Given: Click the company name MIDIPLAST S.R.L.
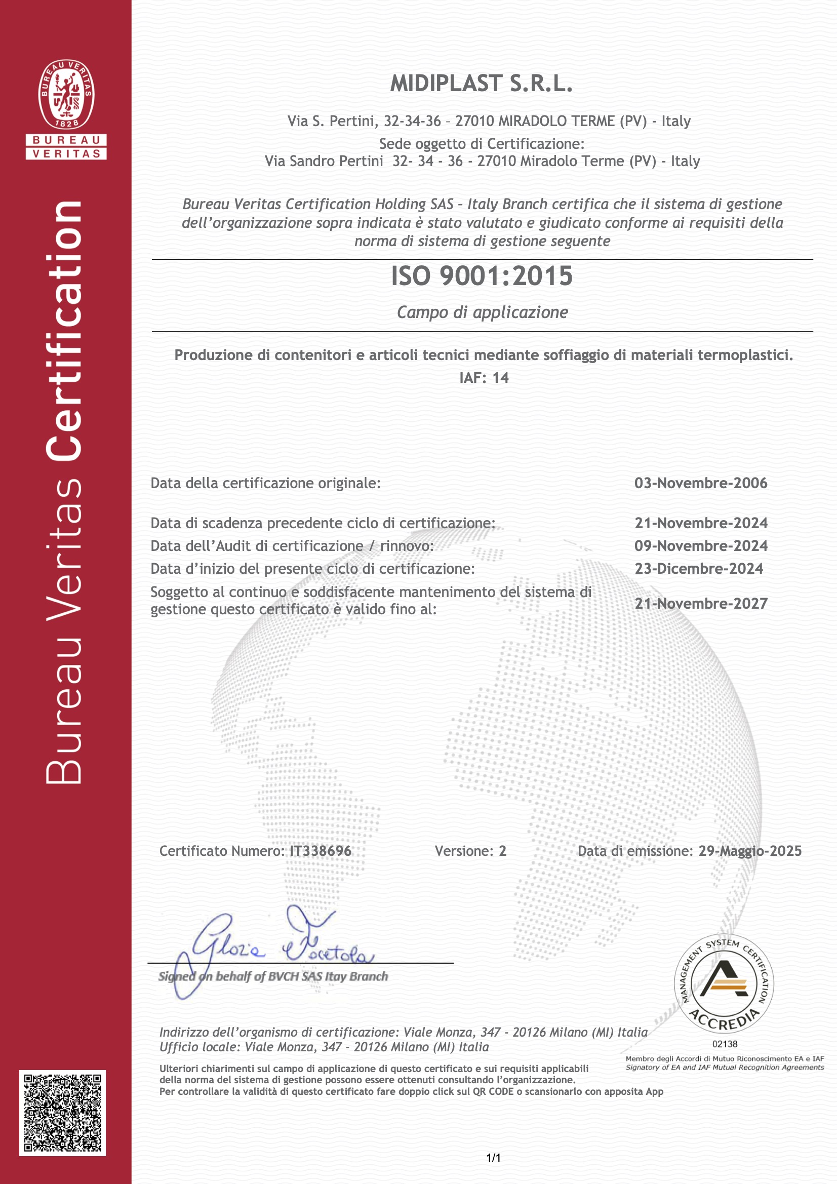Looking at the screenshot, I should click(x=481, y=84).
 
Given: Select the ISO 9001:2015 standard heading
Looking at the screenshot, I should click(x=482, y=276).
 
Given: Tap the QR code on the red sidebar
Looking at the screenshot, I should click(x=62, y=1113).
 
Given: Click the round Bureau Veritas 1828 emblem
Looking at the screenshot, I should click(x=66, y=94).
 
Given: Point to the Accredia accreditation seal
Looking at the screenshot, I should click(x=724, y=984).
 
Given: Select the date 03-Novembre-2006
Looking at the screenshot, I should click(x=700, y=483).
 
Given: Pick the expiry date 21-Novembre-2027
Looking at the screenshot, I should click(x=701, y=603).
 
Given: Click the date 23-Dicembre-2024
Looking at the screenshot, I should click(x=698, y=569).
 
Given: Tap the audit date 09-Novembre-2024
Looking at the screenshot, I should click(x=701, y=545).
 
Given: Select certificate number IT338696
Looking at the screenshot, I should click(x=320, y=851).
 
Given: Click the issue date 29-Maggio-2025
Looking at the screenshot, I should click(x=750, y=851).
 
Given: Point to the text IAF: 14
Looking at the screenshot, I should click(x=484, y=378).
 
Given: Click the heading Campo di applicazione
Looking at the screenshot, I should click(x=482, y=312).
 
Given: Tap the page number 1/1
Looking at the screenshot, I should click(x=494, y=1158).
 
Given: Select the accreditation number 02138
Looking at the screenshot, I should click(x=725, y=1044).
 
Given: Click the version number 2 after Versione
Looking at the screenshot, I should click(x=502, y=851).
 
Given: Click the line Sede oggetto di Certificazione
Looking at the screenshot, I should click(x=482, y=144).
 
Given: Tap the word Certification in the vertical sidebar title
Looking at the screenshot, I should click(x=64, y=330).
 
